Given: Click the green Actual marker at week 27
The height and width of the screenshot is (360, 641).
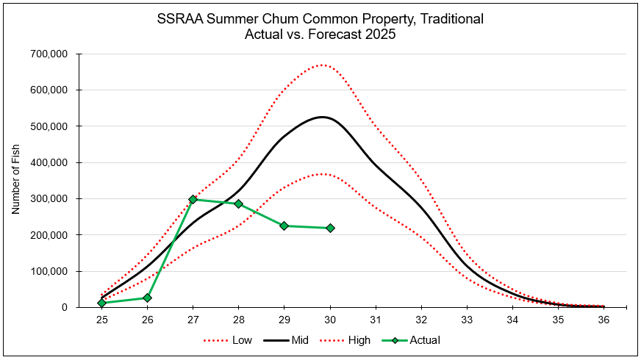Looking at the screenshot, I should [x=193, y=199].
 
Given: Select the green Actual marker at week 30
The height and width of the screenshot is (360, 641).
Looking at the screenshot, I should [x=330, y=228].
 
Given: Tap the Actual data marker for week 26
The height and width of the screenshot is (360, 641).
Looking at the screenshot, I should [x=147, y=298].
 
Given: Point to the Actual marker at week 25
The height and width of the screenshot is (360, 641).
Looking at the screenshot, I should [x=101, y=303].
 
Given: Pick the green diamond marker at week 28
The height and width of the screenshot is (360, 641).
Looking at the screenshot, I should [x=238, y=204].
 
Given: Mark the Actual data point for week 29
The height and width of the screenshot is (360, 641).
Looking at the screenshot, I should [x=284, y=226].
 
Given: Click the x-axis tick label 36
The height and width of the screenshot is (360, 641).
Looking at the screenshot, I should [x=604, y=320].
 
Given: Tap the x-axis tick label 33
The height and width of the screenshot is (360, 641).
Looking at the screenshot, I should [x=467, y=320].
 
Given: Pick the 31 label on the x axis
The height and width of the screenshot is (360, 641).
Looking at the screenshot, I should [x=376, y=320].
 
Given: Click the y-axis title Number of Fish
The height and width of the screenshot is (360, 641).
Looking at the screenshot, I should [x=15, y=180].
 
